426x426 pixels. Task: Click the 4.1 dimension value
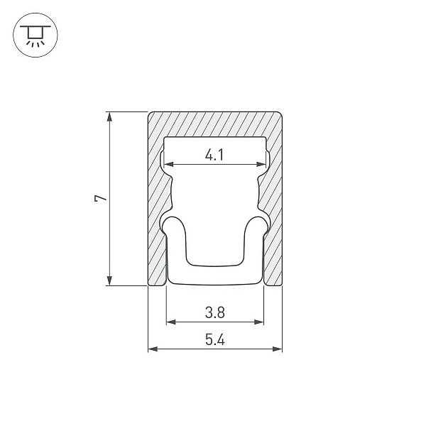click(214, 155)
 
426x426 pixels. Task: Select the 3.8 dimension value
click(215, 312)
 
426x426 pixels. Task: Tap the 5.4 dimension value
click(215, 339)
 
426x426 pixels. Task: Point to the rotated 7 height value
click(101, 198)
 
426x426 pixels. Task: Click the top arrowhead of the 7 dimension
click(109, 116)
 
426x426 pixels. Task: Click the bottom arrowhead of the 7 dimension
click(109, 280)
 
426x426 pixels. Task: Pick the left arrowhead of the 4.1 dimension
click(169, 164)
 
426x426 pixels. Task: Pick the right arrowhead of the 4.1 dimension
click(261, 164)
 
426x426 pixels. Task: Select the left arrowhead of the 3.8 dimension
click(171, 322)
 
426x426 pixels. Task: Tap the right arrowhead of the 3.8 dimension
click(259, 322)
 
